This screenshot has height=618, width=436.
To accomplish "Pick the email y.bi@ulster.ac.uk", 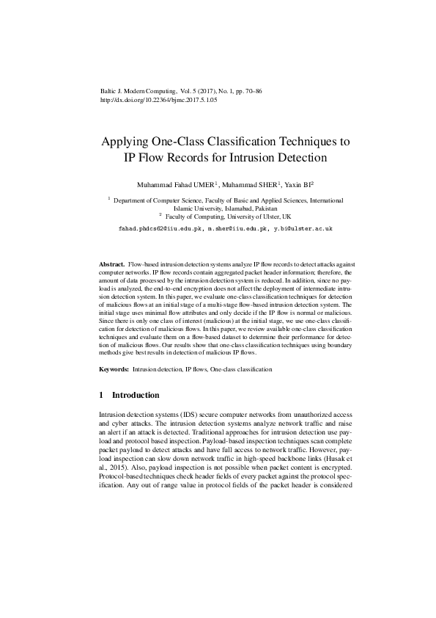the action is point(303,228).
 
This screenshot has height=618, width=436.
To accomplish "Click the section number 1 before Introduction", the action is point(101,395).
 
